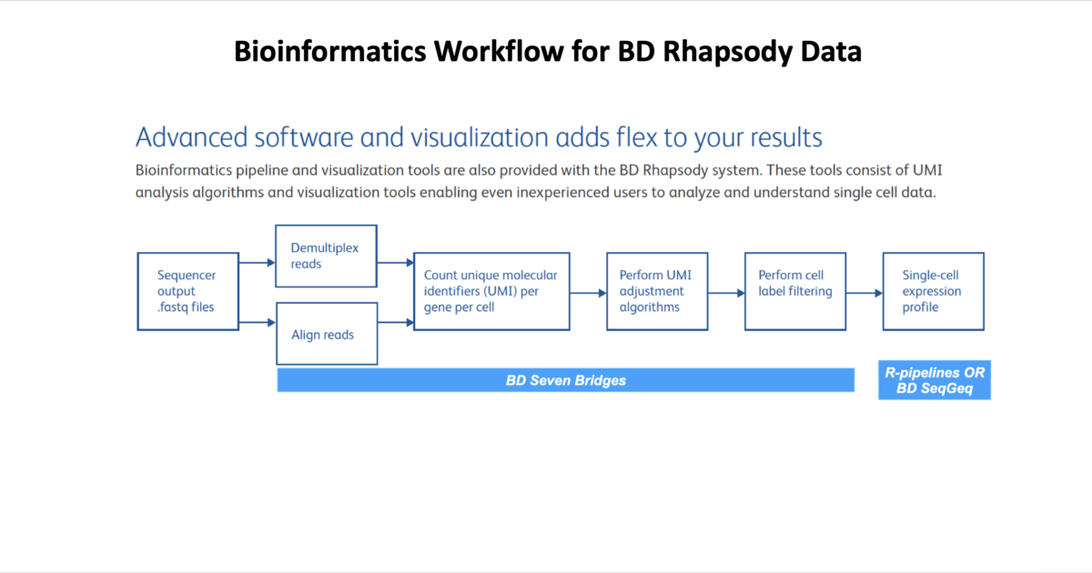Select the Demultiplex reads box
326,256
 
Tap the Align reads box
326,335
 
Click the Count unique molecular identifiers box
491,291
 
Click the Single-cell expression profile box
933,291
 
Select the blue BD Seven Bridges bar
565,380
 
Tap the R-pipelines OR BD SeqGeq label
935,380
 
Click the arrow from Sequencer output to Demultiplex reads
258,263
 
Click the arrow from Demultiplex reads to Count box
395,263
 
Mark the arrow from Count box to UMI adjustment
588,293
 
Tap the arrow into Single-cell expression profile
864,293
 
